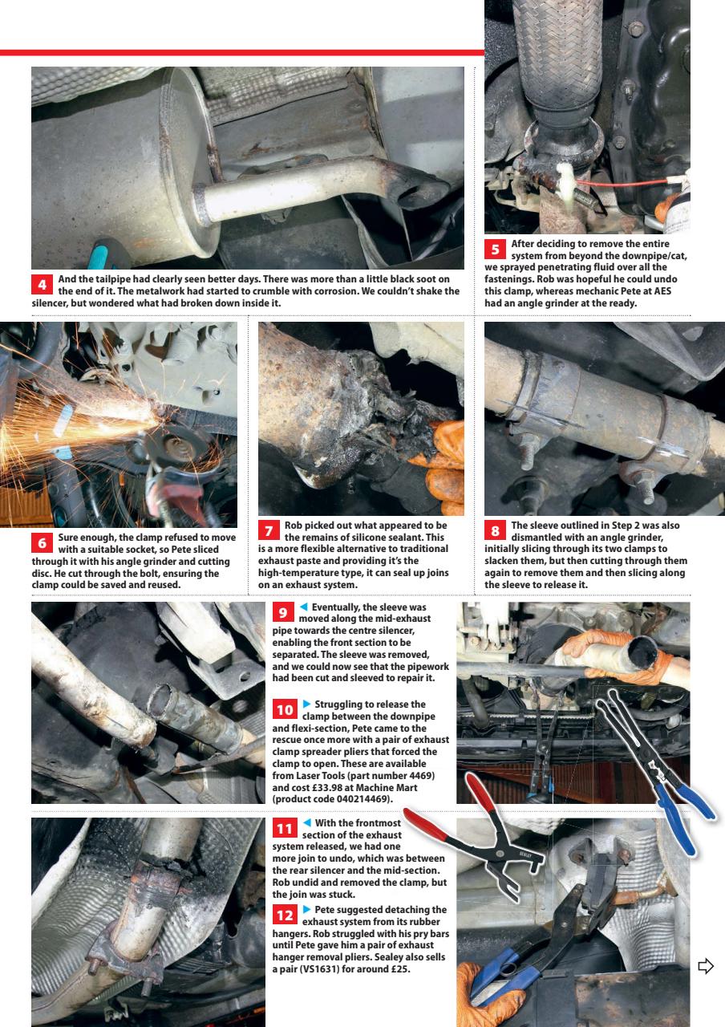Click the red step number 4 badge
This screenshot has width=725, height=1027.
click(42, 285)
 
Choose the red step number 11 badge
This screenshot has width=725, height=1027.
click(284, 827)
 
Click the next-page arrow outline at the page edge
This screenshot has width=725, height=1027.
click(705, 968)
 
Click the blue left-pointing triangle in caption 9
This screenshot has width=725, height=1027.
click(305, 608)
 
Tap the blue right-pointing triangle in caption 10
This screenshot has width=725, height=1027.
click(306, 704)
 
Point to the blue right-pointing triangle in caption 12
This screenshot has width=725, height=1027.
click(306, 909)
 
